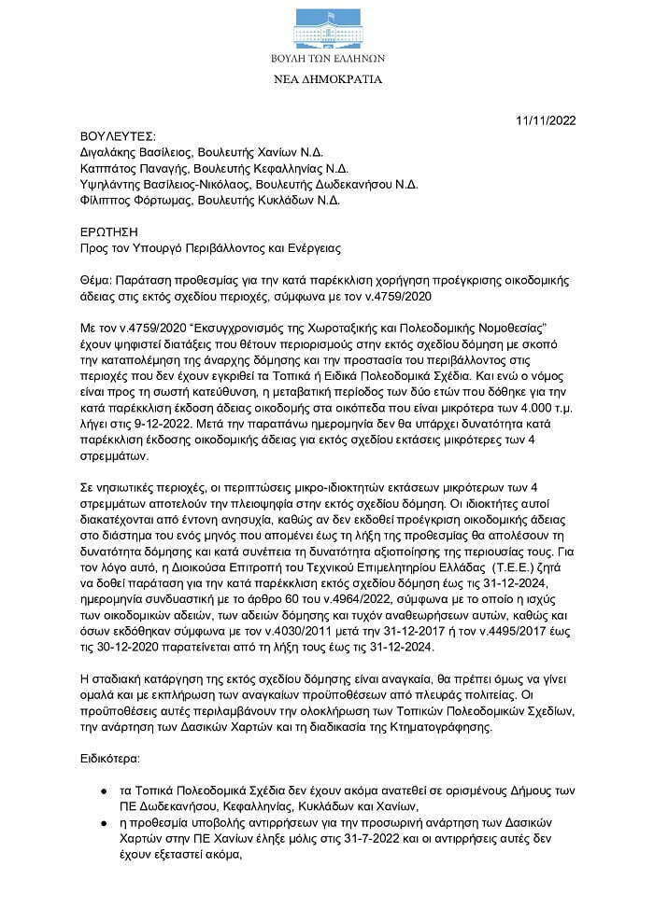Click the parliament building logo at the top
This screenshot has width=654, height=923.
tap(326, 27)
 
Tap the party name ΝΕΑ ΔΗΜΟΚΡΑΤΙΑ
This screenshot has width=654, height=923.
tap(327, 79)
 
